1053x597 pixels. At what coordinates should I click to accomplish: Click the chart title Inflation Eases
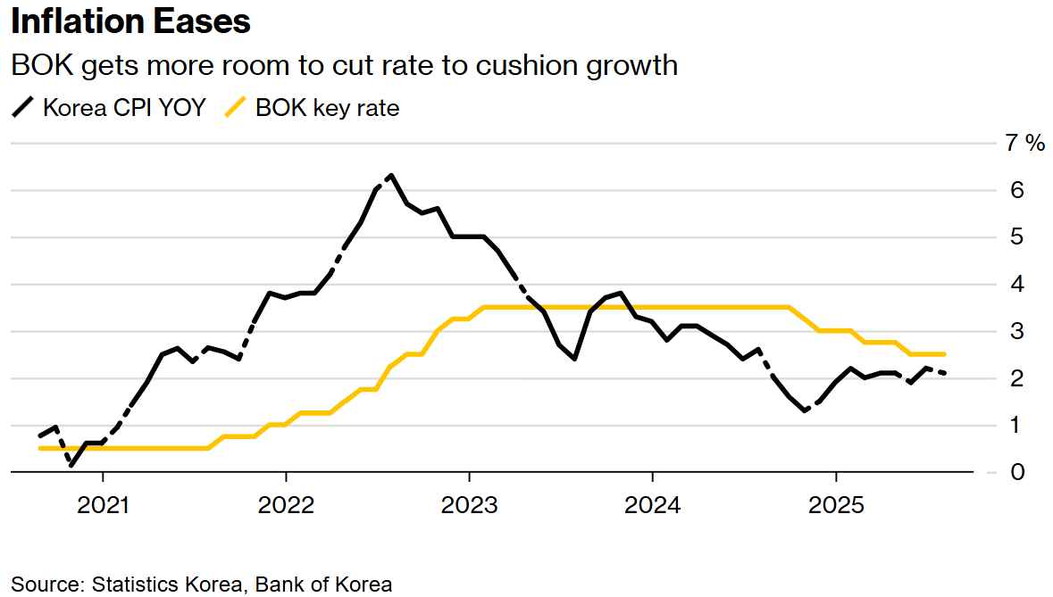[130, 21]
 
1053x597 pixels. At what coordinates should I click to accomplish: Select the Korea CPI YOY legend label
[124, 108]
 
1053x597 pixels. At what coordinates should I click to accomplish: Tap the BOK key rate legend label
[327, 108]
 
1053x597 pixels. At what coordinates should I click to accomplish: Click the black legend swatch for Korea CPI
[22, 108]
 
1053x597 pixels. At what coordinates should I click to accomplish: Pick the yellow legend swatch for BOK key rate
[235, 108]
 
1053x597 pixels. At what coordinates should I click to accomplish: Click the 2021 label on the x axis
[104, 506]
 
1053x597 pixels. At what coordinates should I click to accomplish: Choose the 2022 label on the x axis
[286, 506]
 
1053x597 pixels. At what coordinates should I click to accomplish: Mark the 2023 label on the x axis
[469, 506]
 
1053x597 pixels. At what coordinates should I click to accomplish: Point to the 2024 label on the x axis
[652, 506]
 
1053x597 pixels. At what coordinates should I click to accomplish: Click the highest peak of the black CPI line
[391, 176]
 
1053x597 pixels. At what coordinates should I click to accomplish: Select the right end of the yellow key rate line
[943, 354]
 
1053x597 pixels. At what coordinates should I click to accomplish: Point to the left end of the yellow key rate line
[41, 448]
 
